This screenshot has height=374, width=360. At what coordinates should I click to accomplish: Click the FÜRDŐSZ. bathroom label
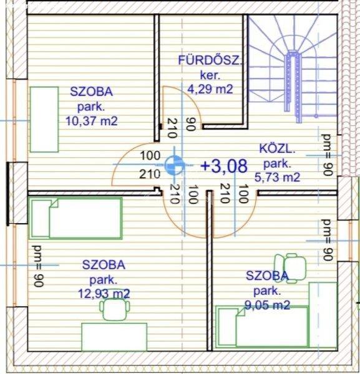click(210, 60)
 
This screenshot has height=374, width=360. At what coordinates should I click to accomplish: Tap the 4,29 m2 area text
click(210, 89)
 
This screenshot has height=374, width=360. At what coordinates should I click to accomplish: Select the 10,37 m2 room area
click(92, 121)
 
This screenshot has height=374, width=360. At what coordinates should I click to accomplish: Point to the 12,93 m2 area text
click(104, 294)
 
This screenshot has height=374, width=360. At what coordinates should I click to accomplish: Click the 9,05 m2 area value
click(268, 305)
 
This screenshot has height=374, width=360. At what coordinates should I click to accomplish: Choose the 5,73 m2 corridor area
click(277, 177)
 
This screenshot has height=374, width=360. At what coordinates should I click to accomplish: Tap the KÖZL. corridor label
click(277, 149)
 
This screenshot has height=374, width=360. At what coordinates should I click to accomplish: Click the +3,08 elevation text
click(224, 166)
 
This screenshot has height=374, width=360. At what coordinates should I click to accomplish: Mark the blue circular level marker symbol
click(175, 165)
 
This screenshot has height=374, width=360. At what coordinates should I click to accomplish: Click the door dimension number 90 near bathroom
click(191, 124)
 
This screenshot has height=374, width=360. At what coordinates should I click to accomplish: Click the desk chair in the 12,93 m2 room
click(115, 310)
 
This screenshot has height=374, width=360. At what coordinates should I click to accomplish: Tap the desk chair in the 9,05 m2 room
click(290, 268)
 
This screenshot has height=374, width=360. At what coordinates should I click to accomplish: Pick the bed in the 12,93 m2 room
click(75, 218)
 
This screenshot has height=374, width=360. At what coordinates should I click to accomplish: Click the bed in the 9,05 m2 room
click(263, 326)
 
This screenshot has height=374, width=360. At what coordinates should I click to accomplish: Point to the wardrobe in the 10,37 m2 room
click(44, 120)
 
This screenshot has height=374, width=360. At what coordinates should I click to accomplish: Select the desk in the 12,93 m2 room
click(114, 337)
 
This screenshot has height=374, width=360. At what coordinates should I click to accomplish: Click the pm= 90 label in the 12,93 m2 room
click(38, 266)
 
